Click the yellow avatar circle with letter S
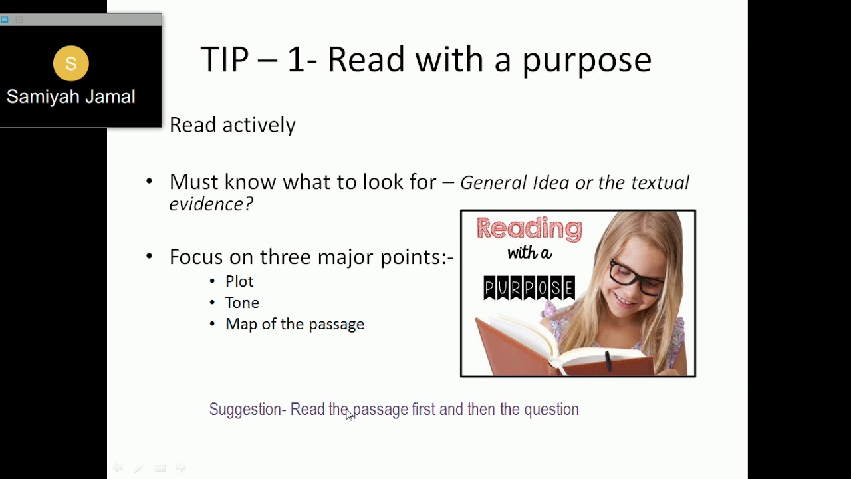71,63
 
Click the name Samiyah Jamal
71,97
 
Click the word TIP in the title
224,60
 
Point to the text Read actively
232,125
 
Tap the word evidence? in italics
211,204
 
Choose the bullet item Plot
239,281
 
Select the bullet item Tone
242,303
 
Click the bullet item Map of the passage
295,324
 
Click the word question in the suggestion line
551,410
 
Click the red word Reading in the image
529,229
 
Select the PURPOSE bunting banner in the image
529,288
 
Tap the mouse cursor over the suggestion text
350,415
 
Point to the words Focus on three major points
311,257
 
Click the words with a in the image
529,253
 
